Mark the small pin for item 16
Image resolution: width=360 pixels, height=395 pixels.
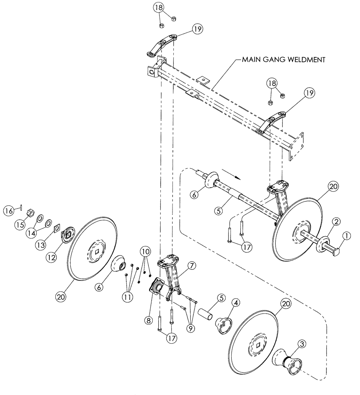pyautogui.click(x=20, y=209)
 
